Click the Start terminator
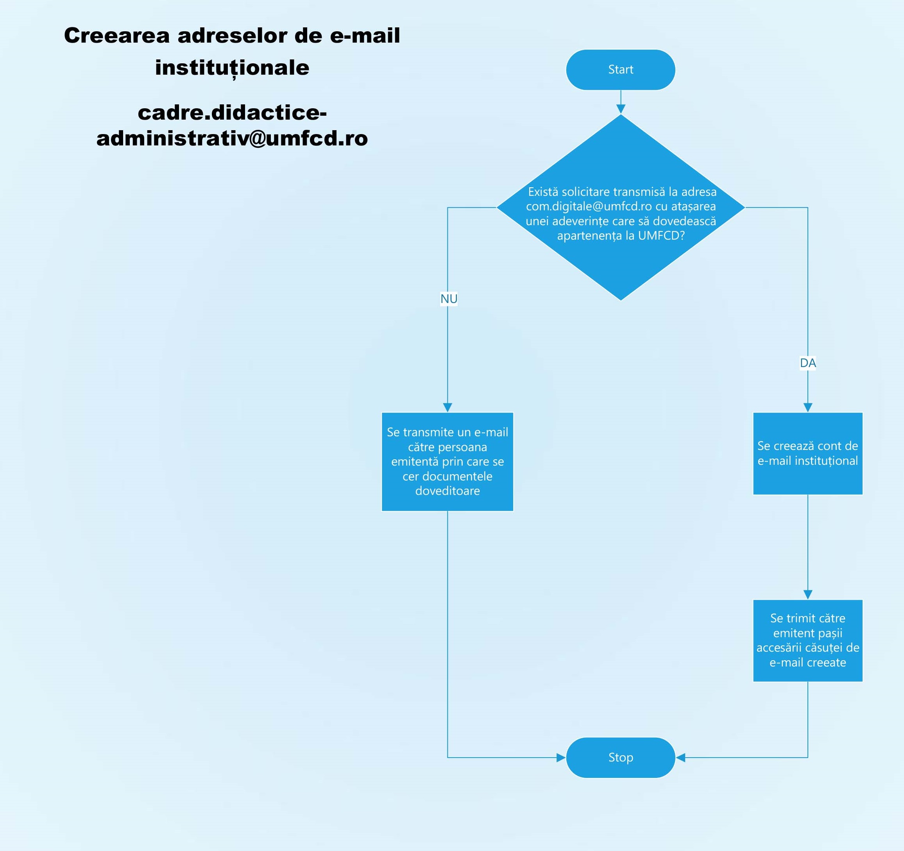click(620, 70)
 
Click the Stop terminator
click(620, 757)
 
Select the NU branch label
click(448, 299)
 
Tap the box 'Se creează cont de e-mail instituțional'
click(807, 453)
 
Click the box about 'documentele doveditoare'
click(447, 461)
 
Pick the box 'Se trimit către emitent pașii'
click(807, 640)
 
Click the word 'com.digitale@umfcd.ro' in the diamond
click(589, 206)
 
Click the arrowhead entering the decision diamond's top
click(620, 109)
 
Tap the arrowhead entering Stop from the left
click(561, 757)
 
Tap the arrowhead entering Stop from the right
click(681, 757)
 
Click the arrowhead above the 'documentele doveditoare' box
click(448, 407)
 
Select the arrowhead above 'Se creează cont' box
click(807, 407)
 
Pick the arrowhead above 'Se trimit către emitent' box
click(807, 594)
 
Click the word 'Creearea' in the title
click(116, 36)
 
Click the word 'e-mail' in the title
click(365, 36)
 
